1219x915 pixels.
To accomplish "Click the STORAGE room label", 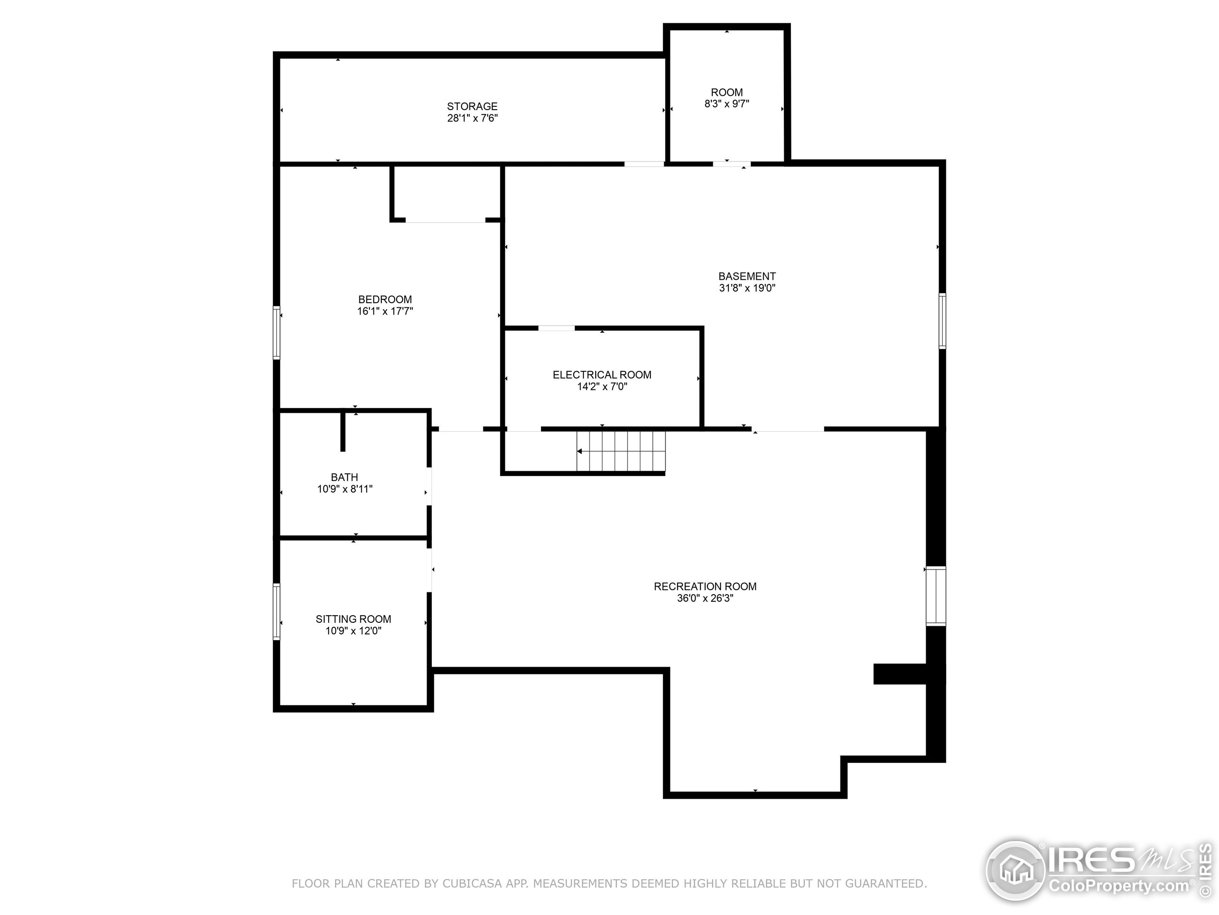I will (x=472, y=106).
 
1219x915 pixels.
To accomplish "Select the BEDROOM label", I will (x=385, y=299).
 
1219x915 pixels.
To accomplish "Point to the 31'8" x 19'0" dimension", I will (x=747, y=288).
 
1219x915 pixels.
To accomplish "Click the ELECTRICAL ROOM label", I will (x=602, y=375).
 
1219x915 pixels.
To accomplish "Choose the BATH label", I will (x=344, y=477).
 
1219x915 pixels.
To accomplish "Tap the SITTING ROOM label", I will (x=353, y=619).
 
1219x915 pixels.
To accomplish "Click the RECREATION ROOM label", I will (x=705, y=586).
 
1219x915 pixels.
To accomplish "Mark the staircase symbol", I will (x=621, y=451).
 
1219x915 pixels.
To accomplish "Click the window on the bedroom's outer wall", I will (x=277, y=333).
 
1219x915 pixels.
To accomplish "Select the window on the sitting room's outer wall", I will (x=277, y=611).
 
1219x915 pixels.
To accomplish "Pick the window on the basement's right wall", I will (x=942, y=321).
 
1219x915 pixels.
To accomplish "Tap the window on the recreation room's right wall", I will (x=935, y=596).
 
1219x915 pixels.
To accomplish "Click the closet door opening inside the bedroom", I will (x=445, y=221).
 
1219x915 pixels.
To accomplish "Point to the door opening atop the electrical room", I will (x=556, y=328).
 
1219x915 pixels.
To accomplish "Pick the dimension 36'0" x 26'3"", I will (x=705, y=599).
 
